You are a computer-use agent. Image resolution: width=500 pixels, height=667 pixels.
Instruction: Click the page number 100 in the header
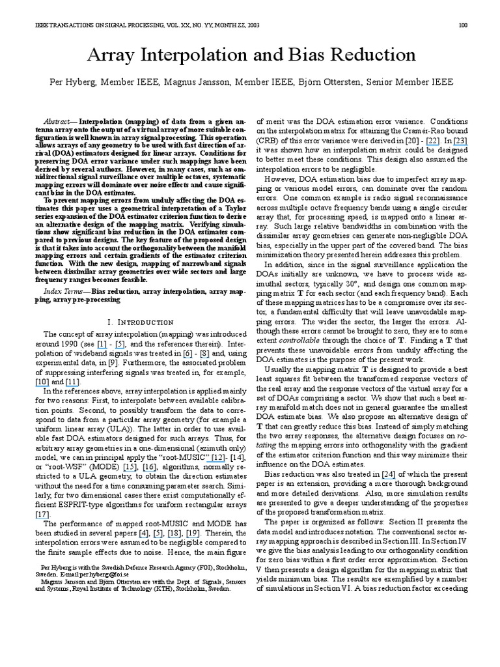463,25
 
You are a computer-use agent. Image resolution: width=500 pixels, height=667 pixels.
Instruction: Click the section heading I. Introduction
139,322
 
